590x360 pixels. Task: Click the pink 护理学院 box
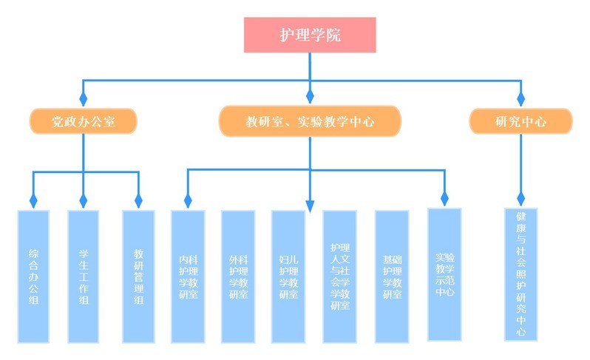(310, 35)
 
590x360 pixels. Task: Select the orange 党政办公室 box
(83, 121)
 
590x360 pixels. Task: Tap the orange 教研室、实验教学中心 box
(310, 121)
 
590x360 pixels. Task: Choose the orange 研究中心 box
(521, 121)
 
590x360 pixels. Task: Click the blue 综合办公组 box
(33, 276)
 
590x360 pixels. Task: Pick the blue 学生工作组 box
(83, 276)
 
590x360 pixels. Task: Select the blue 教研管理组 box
(138, 276)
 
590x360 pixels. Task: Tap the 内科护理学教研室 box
(188, 276)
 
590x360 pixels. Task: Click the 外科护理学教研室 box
(238, 276)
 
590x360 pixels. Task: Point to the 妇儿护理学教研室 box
(288, 276)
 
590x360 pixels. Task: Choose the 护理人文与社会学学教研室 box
(340, 276)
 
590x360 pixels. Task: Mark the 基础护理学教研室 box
(392, 276)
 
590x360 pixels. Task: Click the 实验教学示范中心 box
(444, 274)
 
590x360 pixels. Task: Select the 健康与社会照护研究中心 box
(521, 274)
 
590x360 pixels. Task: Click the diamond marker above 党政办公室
(83, 99)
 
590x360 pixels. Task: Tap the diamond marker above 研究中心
(521, 99)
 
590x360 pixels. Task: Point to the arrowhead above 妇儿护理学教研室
(310, 206)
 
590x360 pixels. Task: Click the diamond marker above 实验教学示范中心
(444, 199)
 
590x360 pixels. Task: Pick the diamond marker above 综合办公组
(33, 201)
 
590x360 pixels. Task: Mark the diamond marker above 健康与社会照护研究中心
(521, 199)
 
